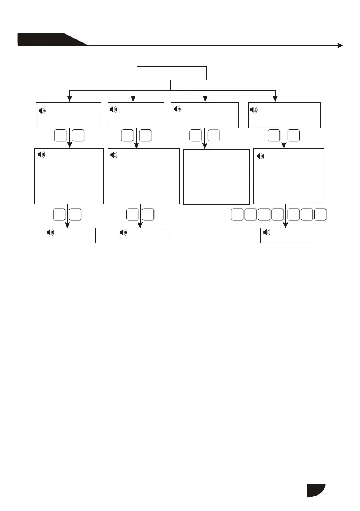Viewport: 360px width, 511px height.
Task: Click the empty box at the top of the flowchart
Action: click(x=171, y=73)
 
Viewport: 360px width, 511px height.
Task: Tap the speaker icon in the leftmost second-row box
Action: click(x=42, y=111)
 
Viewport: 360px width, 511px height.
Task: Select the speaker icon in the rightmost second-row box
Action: click(x=254, y=110)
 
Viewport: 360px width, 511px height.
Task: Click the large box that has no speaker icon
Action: click(x=216, y=177)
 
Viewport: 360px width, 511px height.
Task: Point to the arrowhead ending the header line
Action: click(x=340, y=45)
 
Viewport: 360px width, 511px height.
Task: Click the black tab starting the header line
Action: click(x=47, y=39)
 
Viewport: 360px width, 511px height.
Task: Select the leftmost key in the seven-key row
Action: click(x=237, y=215)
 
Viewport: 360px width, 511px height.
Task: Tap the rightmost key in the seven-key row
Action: click(x=320, y=215)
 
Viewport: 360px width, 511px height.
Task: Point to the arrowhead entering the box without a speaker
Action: click(x=206, y=147)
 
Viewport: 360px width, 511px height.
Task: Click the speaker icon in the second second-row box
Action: click(x=113, y=110)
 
